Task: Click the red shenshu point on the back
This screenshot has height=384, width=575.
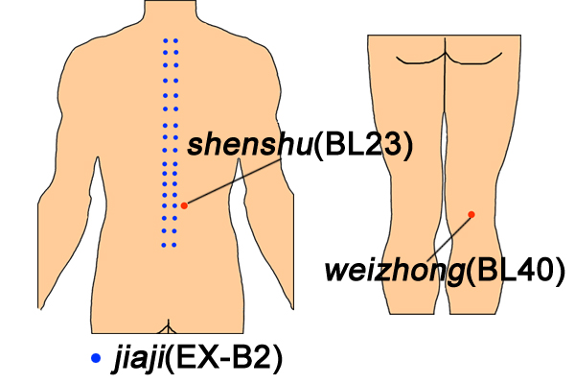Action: tap(184, 205)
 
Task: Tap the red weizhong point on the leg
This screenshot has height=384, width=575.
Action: tap(471, 214)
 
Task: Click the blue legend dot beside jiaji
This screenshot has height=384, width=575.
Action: tap(96, 358)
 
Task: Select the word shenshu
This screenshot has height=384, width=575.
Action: tap(250, 146)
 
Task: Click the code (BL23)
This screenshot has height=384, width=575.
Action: tap(363, 146)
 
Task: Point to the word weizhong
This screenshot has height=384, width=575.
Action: tap(395, 271)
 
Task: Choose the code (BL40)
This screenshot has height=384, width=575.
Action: tap(516, 272)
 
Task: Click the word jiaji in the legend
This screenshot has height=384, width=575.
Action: tap(139, 358)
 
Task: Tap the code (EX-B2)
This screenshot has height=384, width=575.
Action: tap(224, 357)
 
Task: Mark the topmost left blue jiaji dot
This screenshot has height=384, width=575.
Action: tap(166, 40)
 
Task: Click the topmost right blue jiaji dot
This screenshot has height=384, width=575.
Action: tap(176, 40)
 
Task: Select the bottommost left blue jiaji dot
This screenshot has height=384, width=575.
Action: tap(164, 245)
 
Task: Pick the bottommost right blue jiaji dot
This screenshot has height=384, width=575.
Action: tap(174, 245)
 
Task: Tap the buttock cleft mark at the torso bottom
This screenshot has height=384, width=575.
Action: tap(168, 327)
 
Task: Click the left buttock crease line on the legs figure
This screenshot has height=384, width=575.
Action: tap(421, 60)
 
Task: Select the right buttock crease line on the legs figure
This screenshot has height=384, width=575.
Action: tap(473, 60)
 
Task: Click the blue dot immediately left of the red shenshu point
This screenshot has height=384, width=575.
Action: tap(174, 205)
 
